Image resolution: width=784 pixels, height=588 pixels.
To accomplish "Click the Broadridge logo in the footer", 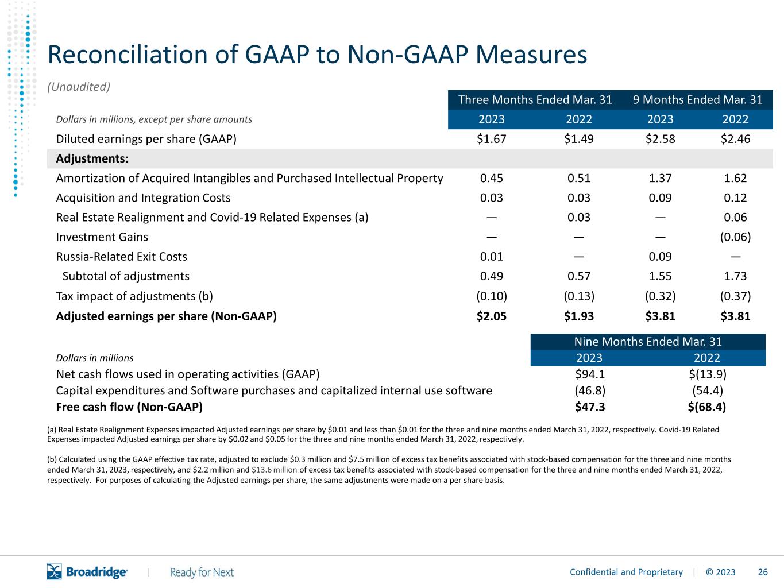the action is click(x=87, y=571).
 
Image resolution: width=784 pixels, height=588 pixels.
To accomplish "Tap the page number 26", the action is click(x=763, y=572).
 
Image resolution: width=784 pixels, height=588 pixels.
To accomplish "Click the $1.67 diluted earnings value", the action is click(x=492, y=139).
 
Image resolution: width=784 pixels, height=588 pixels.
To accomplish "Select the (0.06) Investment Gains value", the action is click(x=735, y=237).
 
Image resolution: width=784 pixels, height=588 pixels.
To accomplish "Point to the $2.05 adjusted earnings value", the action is click(x=492, y=316).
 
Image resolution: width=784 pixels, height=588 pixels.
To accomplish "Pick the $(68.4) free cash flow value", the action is click(x=707, y=407).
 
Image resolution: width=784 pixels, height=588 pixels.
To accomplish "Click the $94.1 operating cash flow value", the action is click(x=590, y=374).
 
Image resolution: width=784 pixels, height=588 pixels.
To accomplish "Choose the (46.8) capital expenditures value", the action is click(x=590, y=390).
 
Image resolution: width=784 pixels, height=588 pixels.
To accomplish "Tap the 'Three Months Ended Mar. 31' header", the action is click(x=535, y=99).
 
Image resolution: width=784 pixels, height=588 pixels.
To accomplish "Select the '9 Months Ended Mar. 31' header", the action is click(x=698, y=99).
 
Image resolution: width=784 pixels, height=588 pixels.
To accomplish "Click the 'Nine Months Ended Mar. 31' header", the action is click(x=648, y=342).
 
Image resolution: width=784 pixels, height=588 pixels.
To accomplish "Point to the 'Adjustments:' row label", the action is click(x=92, y=158).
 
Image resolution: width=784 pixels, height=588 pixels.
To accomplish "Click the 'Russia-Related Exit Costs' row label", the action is click(x=121, y=257).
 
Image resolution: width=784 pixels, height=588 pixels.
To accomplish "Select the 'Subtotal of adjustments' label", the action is click(x=126, y=276).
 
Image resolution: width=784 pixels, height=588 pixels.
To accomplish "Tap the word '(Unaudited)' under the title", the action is click(x=79, y=87).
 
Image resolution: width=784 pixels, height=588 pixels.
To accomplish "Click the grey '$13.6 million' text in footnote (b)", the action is click(x=275, y=470).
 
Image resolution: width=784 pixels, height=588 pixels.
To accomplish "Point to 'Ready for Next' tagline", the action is click(x=202, y=572).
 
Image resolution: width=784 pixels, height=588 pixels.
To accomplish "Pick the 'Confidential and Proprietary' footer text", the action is click(x=626, y=572).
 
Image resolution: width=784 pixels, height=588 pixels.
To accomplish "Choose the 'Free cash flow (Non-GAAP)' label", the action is click(x=129, y=407).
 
